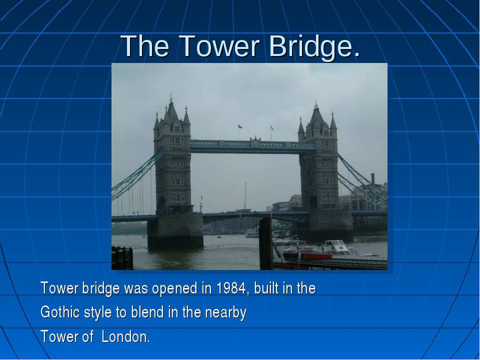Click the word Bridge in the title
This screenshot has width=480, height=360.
[x=310, y=46]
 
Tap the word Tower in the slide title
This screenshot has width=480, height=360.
[x=219, y=46]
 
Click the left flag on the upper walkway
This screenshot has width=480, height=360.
[x=240, y=126]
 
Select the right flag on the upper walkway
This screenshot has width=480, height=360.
[x=272, y=127]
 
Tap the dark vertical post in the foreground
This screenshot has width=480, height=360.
[x=265, y=243]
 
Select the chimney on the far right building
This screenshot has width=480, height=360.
[x=373, y=179]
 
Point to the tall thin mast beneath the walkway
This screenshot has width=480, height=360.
[x=245, y=196]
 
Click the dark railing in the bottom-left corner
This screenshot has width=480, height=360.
[x=122, y=258]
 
